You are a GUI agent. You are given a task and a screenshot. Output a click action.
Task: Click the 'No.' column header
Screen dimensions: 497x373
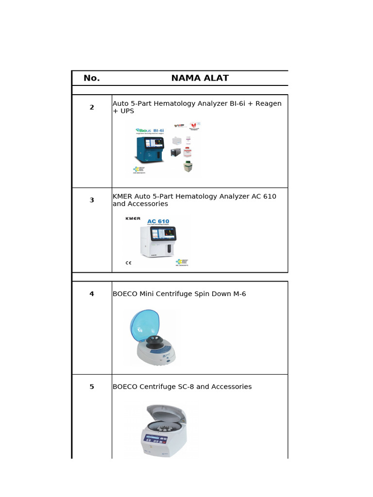pos(91,78)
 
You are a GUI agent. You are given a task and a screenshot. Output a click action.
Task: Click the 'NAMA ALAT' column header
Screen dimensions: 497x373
pos(200,78)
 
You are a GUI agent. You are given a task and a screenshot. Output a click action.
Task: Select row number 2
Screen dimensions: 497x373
pos(92,107)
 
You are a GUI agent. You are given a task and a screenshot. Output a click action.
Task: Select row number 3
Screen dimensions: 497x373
pos(92,200)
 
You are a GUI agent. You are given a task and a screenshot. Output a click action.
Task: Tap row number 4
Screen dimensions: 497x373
pos(92,294)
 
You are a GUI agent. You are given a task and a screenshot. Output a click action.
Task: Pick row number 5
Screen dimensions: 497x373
pos(92,387)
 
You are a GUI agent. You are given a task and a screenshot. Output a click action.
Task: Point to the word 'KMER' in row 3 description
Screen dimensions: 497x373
pos(122,197)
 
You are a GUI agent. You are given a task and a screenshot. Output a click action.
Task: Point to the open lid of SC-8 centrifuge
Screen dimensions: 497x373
pos(165,413)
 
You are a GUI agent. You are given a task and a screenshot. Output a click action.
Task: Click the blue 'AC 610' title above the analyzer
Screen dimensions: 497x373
pos(158,221)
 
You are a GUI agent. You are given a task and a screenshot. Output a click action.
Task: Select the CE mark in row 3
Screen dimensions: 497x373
pos(129,263)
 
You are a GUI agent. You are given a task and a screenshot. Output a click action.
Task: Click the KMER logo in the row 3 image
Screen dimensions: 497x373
pos(133,218)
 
